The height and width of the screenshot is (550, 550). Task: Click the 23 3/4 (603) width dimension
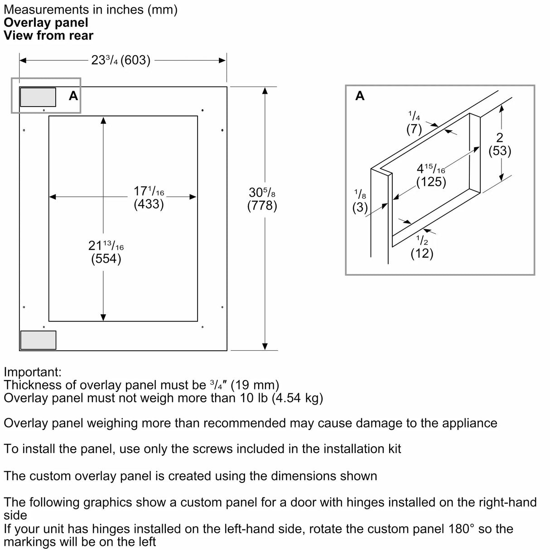pyautogui.click(x=121, y=60)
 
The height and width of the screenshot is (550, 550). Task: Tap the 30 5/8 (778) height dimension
pyautogui.click(x=262, y=199)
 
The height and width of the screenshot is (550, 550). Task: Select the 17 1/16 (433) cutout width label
pyautogui.click(x=149, y=198)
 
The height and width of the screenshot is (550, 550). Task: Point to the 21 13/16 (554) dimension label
pyautogui.click(x=106, y=252)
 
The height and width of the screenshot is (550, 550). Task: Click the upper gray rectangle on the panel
pyautogui.click(x=38, y=97)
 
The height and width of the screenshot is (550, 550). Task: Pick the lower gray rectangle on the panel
pyautogui.click(x=38, y=340)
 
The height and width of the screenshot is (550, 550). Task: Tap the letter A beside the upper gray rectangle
pyautogui.click(x=73, y=96)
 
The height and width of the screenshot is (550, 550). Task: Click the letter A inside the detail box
pyautogui.click(x=360, y=96)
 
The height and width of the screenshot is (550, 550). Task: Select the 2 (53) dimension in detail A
pyautogui.click(x=500, y=145)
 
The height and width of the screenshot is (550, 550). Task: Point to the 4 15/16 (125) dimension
pyautogui.click(x=431, y=175)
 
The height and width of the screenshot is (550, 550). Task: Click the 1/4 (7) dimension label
pyautogui.click(x=414, y=123)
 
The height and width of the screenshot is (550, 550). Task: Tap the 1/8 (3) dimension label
pyautogui.click(x=360, y=202)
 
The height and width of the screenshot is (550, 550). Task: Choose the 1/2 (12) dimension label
pyautogui.click(x=422, y=247)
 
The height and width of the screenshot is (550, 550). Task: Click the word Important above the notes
pyautogui.click(x=33, y=372)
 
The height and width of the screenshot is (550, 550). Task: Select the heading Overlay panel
pyautogui.click(x=46, y=23)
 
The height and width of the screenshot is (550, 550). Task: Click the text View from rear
pyautogui.click(x=48, y=36)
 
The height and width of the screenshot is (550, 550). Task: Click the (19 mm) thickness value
pyautogui.click(x=255, y=385)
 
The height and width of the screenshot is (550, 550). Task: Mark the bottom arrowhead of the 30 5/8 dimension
pyautogui.click(x=265, y=347)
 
